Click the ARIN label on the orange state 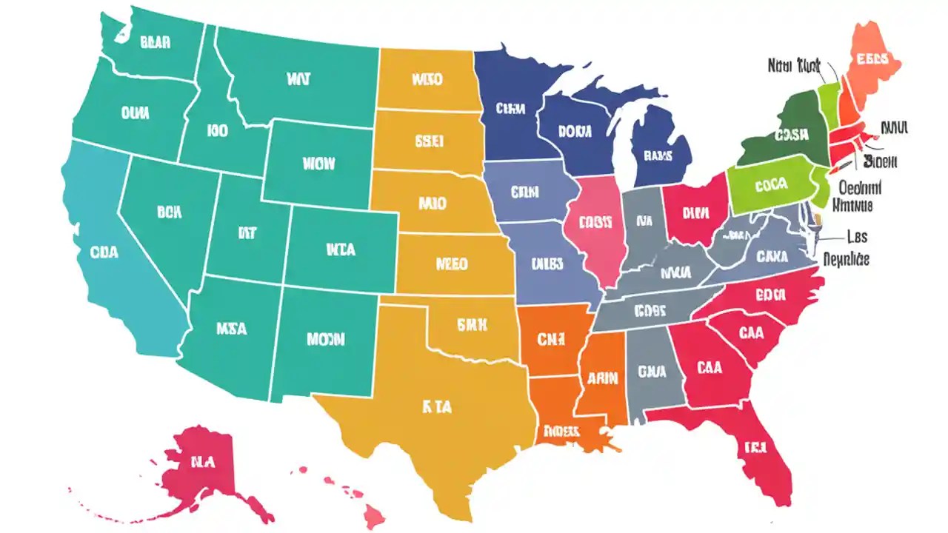point(603,378)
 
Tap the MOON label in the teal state point(325,340)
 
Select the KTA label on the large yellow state point(437,406)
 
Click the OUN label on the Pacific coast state point(134,113)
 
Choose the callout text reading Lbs point(856,238)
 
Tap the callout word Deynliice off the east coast point(846,259)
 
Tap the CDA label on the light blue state point(104,252)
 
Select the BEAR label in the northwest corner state point(154,42)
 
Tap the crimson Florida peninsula point(755,448)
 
